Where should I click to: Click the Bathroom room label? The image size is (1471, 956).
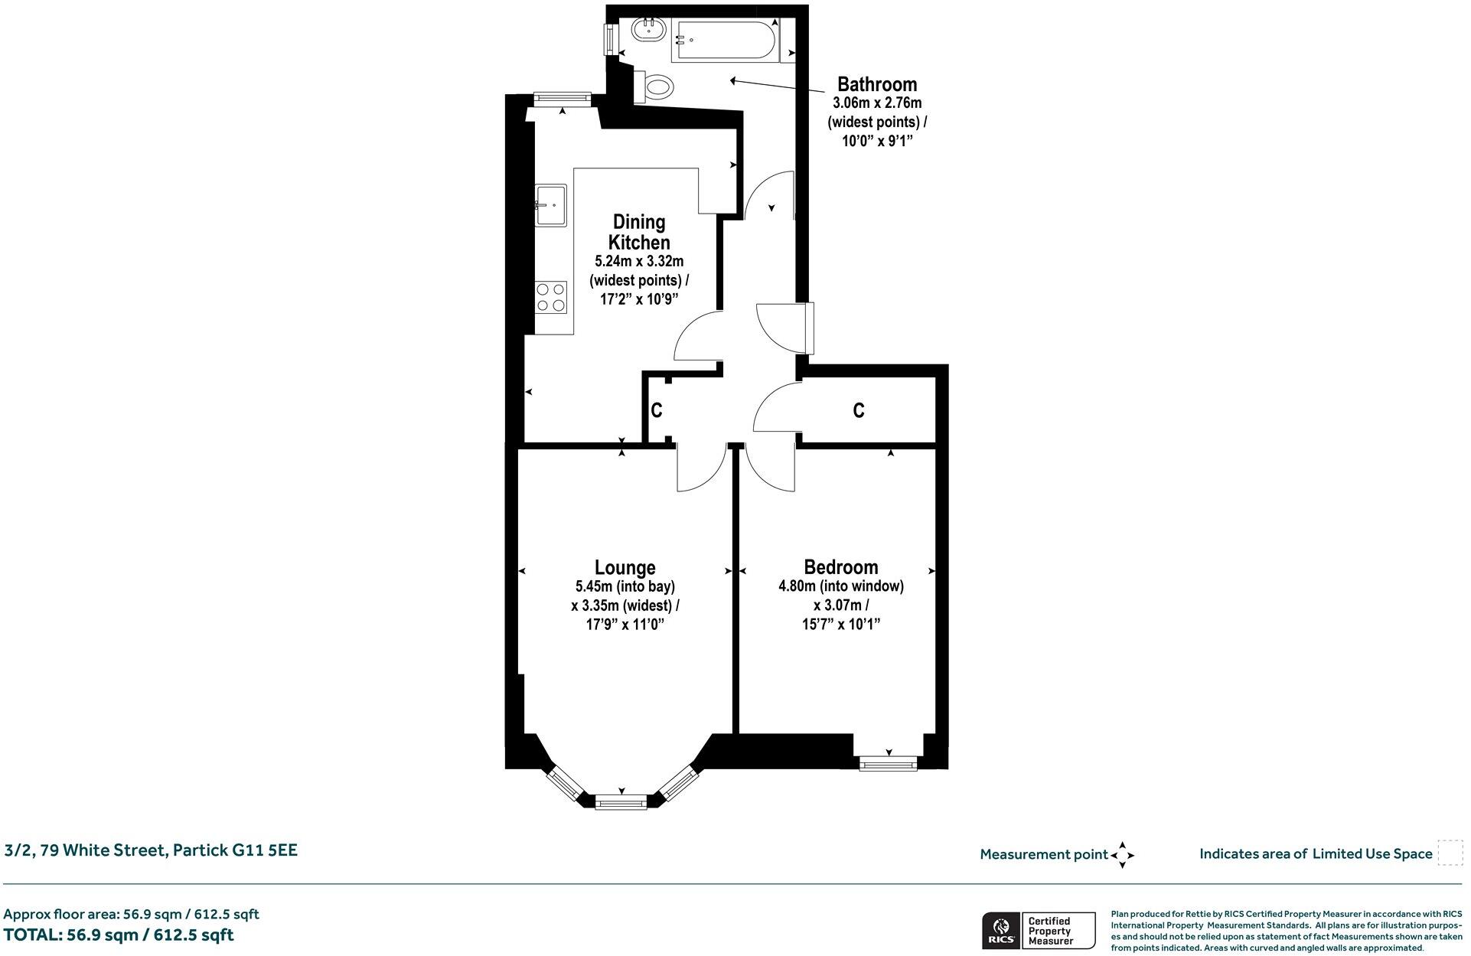coord(876,84)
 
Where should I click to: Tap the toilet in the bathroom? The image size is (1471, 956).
coord(655,86)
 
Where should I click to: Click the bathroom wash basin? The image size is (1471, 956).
coord(647,31)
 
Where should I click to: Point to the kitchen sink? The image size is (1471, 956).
coord(551,204)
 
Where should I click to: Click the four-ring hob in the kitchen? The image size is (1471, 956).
coord(551,297)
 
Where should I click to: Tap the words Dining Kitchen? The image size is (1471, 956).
coord(639,232)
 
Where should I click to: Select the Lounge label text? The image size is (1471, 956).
coord(625,567)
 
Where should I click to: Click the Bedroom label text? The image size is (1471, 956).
coord(840,567)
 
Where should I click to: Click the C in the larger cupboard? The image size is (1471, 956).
coord(859,411)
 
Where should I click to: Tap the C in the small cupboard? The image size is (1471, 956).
coord(656,411)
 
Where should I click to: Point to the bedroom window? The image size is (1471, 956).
coord(888,763)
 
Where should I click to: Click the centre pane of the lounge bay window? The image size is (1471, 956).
coord(621,802)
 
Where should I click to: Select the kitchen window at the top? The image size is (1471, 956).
coord(563,97)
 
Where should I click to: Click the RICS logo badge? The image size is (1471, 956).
coord(1000,931)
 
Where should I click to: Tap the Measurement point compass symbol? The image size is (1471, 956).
coord(1122,855)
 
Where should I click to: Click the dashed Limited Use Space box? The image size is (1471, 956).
coord(1450,853)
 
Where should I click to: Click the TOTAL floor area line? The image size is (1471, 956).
coord(119,935)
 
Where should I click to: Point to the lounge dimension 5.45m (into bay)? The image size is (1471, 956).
coord(625,587)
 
